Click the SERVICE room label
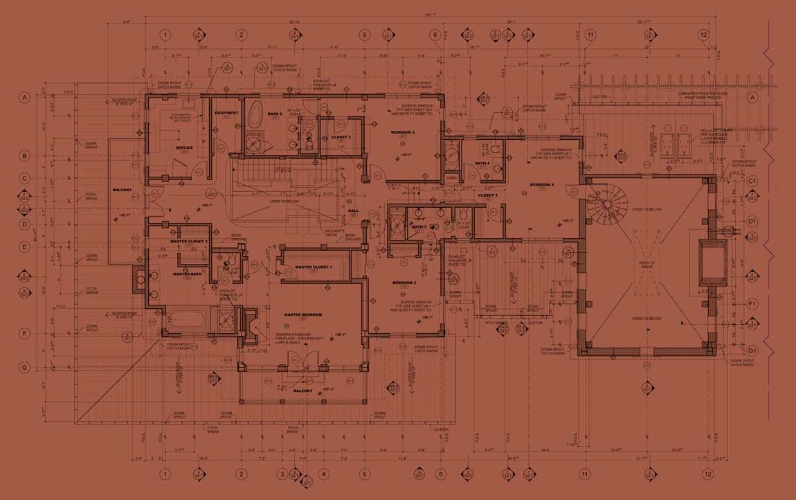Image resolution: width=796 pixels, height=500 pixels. point(184,148)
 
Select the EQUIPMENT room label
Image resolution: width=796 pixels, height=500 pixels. point(226,113)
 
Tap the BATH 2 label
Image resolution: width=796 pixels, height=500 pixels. point(275,113)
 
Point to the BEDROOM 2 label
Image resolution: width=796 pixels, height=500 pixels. point(402,132)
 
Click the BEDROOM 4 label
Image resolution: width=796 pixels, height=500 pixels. point(542,185)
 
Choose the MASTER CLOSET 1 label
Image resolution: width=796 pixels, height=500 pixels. point(313,267)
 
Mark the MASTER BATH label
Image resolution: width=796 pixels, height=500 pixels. point(187,274)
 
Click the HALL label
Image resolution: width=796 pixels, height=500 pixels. point(353,211)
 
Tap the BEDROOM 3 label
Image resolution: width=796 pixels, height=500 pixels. point(404,283)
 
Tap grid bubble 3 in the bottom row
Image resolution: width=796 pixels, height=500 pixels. point(282,474)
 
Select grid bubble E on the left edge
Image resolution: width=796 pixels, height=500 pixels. point(24,247)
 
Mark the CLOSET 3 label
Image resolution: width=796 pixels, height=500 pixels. point(487,195)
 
